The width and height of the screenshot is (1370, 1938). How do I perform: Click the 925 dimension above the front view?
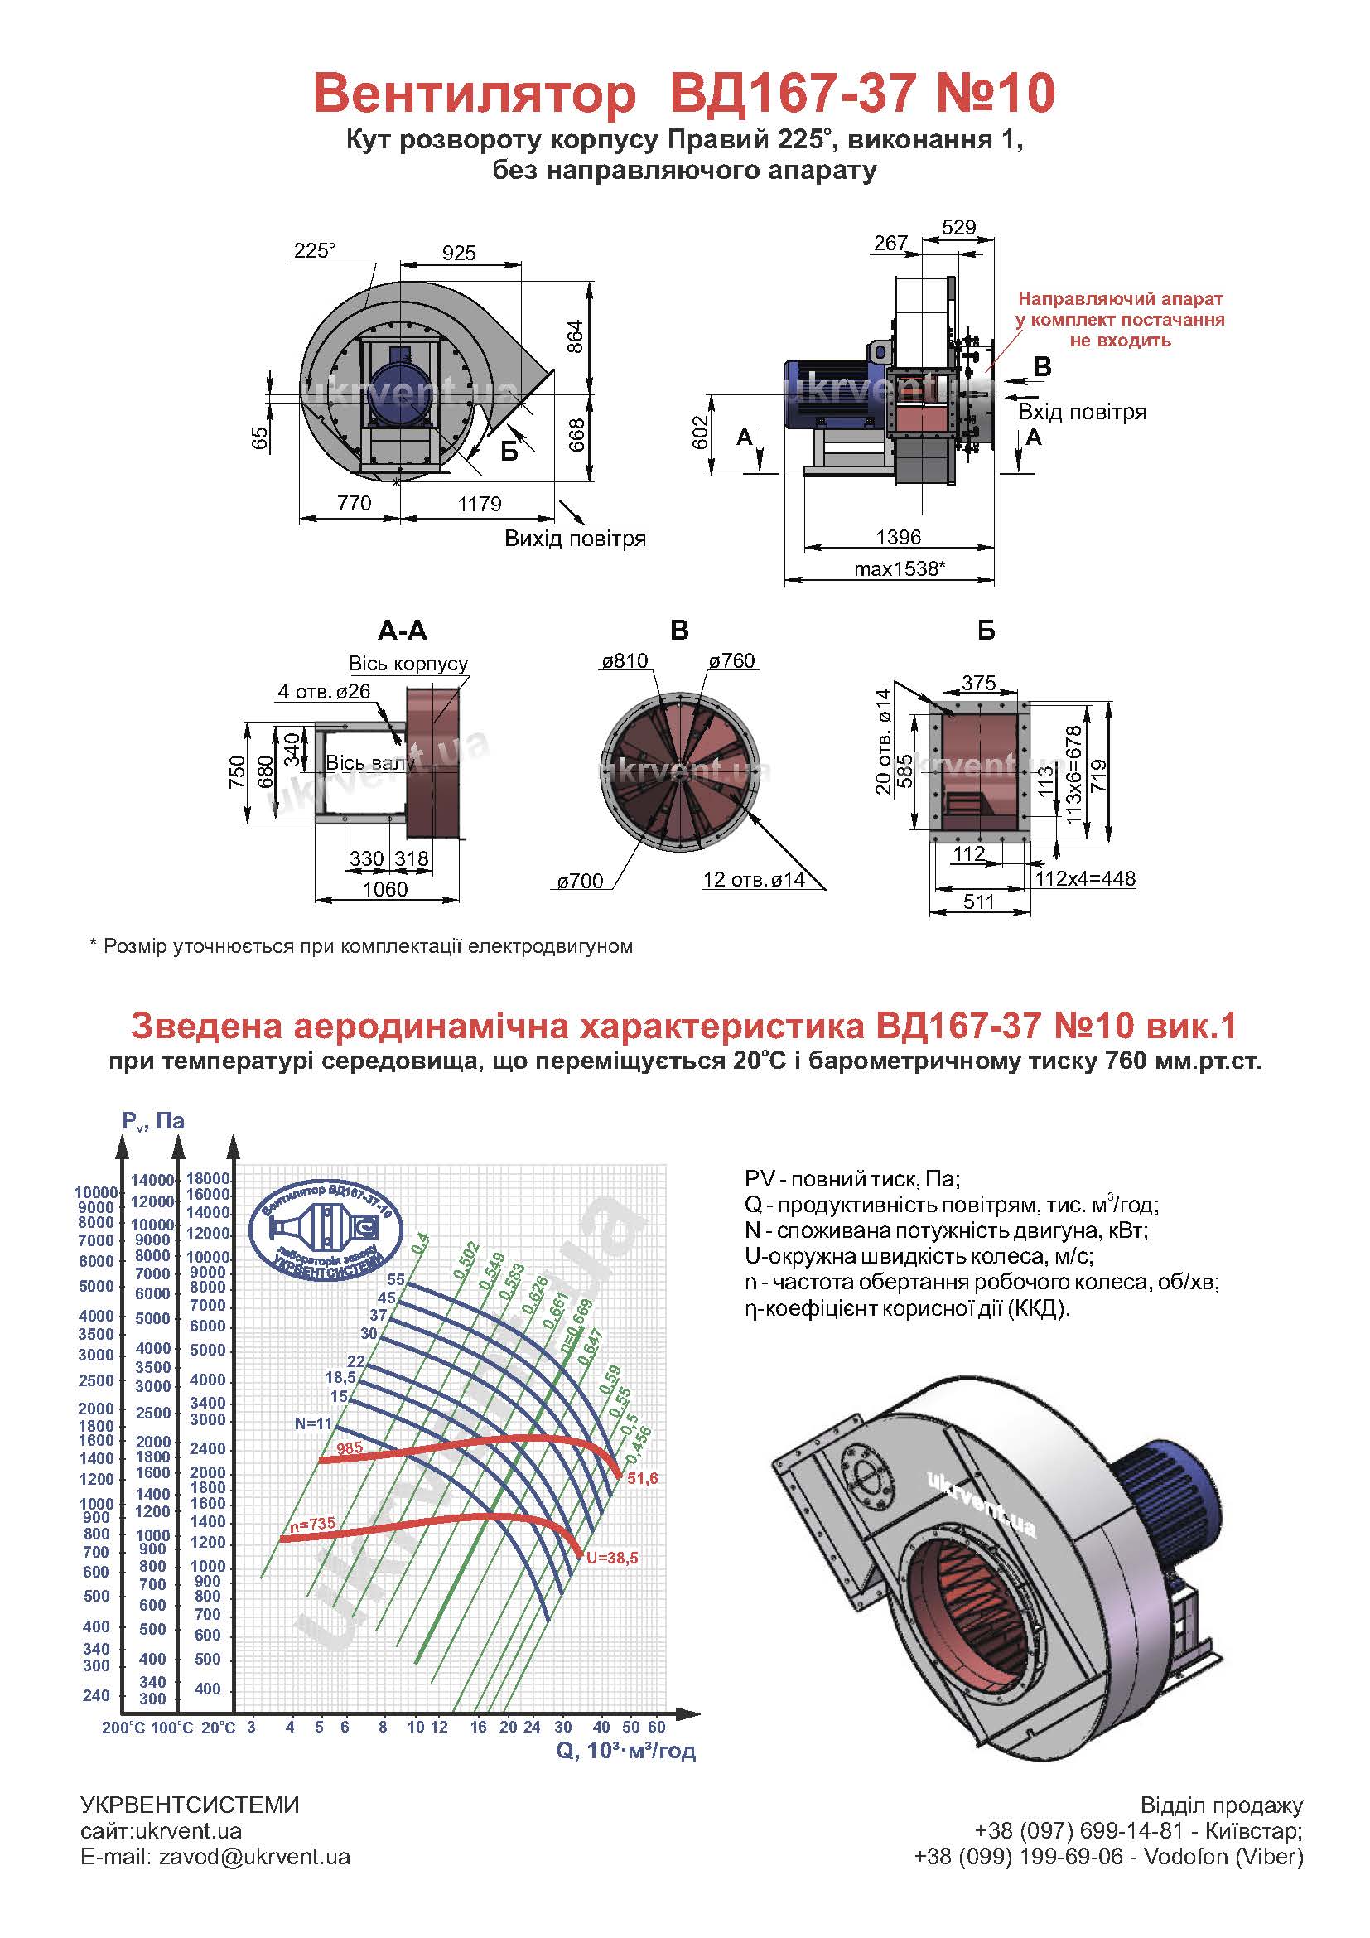(459, 253)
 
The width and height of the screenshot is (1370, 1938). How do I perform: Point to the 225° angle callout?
(315, 251)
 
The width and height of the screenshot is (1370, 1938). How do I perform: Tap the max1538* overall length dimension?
(900, 569)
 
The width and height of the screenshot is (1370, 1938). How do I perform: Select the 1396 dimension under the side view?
(899, 538)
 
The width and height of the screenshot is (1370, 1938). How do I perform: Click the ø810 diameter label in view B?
(625, 661)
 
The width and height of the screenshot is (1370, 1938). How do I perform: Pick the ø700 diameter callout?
(580, 882)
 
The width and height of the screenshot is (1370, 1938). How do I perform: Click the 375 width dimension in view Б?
(978, 683)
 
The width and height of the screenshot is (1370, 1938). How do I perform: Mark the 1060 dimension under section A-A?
(384, 889)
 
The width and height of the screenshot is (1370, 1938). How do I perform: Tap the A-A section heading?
(403, 631)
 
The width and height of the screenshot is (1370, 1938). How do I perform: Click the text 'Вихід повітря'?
(576, 539)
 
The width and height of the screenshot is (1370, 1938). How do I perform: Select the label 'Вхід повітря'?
(1083, 412)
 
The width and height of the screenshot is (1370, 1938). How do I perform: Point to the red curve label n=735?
(312, 1525)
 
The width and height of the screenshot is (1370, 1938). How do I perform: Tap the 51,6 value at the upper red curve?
(643, 1479)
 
